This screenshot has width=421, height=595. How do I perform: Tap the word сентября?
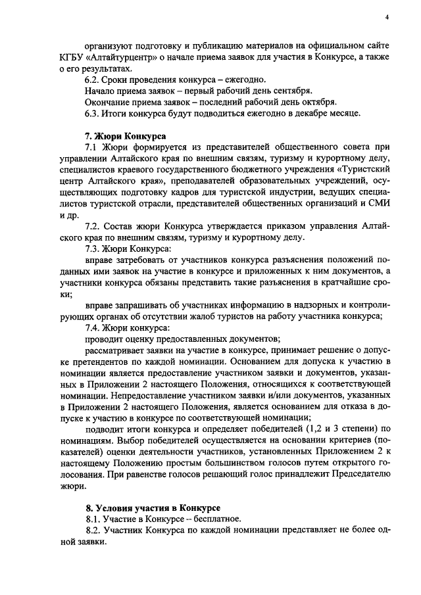[291, 91]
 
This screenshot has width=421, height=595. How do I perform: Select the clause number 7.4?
[93, 328]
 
